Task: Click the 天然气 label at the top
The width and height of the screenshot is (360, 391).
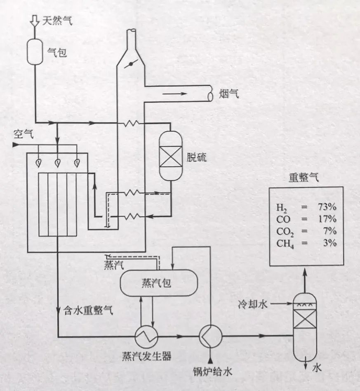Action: click(58, 20)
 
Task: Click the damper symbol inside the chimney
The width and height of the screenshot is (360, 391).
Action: click(132, 64)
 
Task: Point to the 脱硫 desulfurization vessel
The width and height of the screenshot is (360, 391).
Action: click(170, 156)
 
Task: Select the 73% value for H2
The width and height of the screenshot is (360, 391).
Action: click(327, 206)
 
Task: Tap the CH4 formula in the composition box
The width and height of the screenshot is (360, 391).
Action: click(285, 243)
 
